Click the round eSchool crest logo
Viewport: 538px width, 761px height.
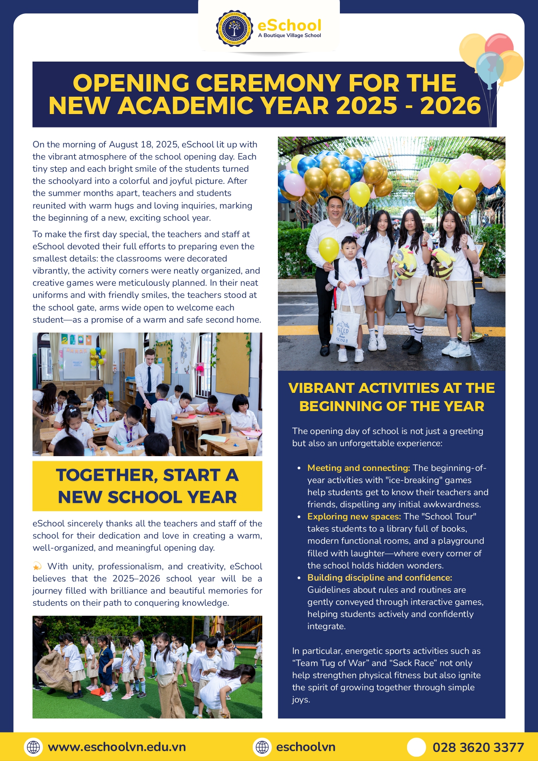[x=234, y=29]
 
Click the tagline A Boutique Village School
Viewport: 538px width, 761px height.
[x=290, y=36]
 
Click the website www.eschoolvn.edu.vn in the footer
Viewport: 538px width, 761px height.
[x=117, y=747]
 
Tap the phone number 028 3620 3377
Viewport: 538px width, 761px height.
[x=478, y=747]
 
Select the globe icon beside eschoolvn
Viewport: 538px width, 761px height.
[x=262, y=747]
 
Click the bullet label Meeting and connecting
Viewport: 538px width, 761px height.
[x=359, y=468]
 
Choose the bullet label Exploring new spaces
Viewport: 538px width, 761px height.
[x=354, y=516]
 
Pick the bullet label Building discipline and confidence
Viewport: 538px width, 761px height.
[x=380, y=578]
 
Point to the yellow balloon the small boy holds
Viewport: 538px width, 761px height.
[x=329, y=249]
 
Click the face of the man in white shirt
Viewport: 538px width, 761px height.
[x=335, y=209]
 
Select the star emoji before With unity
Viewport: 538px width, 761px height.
[x=37, y=566]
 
